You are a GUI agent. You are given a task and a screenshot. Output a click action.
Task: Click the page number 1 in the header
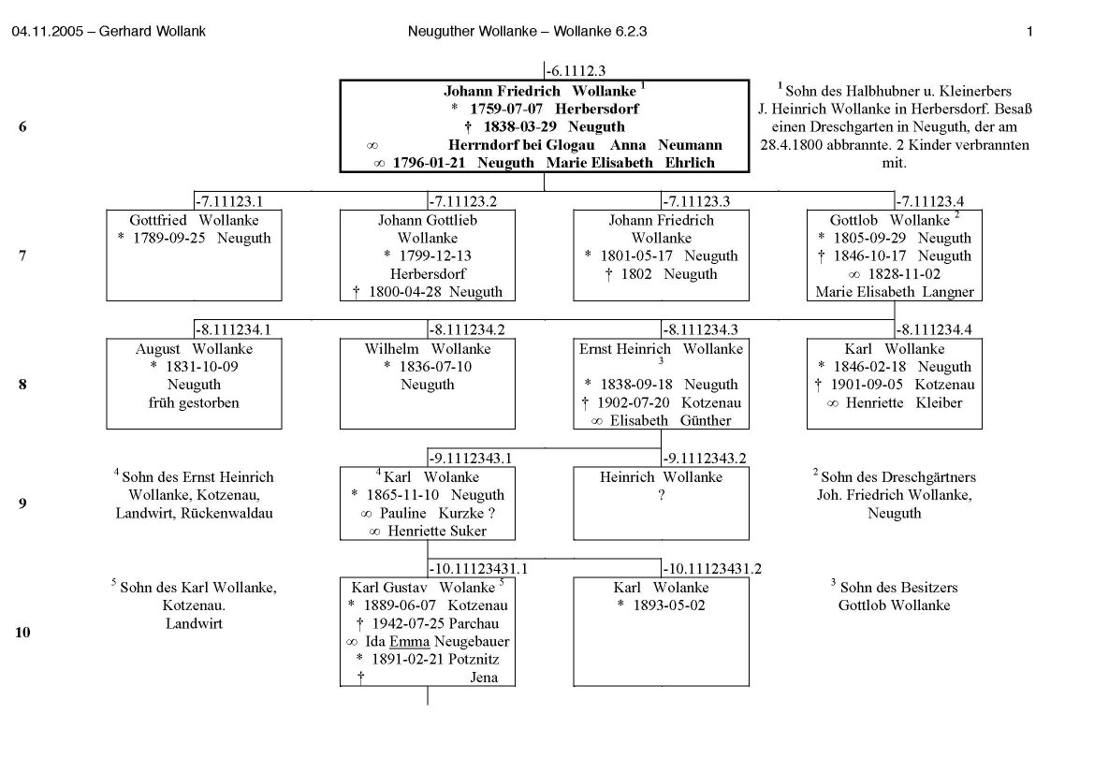click(x=1028, y=31)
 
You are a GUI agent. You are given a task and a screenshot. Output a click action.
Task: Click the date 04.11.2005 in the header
click(x=43, y=31)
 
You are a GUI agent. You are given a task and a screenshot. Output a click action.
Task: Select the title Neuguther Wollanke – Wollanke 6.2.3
click(x=527, y=31)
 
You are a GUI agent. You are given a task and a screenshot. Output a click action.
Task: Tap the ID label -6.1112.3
click(x=576, y=70)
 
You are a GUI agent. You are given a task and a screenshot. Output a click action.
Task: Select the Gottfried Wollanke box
click(x=194, y=255)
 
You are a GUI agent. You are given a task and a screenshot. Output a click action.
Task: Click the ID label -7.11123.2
click(x=462, y=201)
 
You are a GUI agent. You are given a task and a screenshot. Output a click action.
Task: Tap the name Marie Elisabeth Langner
click(x=895, y=291)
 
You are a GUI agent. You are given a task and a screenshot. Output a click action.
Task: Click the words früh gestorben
click(x=194, y=402)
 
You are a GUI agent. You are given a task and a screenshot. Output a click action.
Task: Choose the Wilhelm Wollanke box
click(x=428, y=384)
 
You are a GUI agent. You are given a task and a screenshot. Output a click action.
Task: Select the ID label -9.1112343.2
click(x=704, y=459)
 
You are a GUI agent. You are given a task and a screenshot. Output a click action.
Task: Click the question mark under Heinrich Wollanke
click(x=661, y=495)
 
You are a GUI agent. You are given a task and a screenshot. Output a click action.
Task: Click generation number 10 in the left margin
click(x=22, y=633)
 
